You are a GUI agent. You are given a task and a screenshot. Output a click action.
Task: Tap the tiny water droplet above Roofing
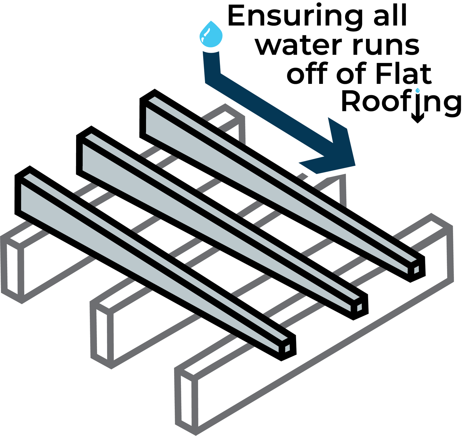click(417, 90)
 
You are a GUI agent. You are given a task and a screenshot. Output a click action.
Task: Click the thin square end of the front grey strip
click(287, 348)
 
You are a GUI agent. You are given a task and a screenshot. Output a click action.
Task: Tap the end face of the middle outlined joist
click(102, 335)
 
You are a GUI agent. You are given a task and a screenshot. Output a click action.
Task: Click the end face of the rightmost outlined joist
click(186, 401)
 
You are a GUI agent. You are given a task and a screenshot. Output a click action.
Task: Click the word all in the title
click(390, 15)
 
